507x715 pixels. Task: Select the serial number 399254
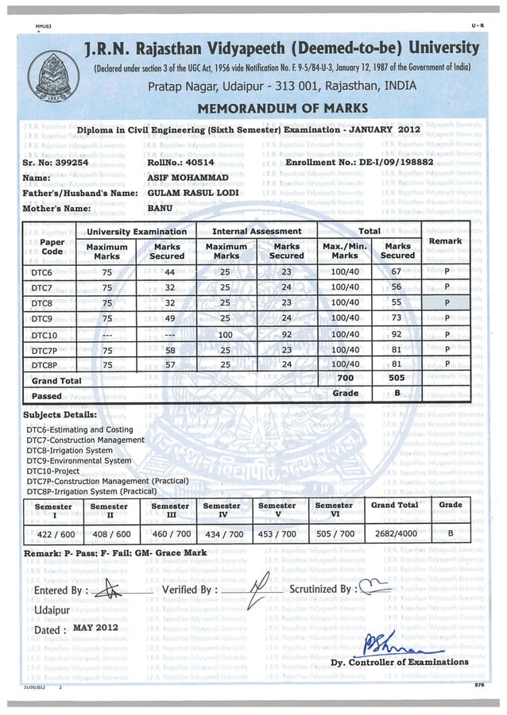click(70, 161)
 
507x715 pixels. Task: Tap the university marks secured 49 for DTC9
click(168, 319)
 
